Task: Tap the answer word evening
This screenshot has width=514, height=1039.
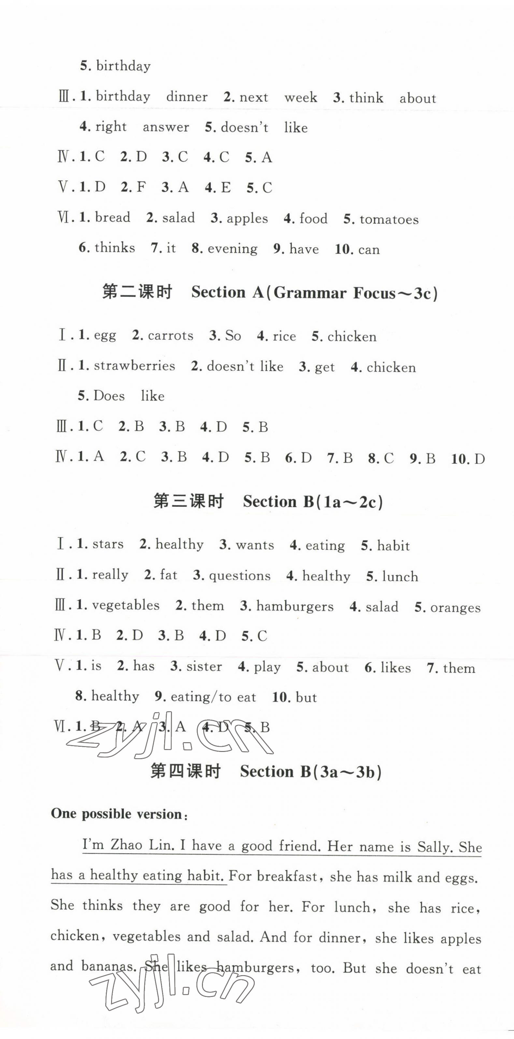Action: click(232, 249)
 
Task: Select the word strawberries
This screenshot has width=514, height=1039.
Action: click(134, 366)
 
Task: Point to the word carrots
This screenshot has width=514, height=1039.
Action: click(171, 336)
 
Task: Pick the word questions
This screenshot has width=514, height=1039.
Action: click(239, 576)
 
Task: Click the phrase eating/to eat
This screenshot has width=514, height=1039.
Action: click(213, 697)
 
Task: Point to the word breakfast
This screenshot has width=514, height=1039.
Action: click(287, 876)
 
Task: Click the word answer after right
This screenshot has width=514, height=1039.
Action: click(166, 127)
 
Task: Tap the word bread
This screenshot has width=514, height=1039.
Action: click(112, 218)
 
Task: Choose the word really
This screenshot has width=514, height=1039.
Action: click(110, 575)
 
